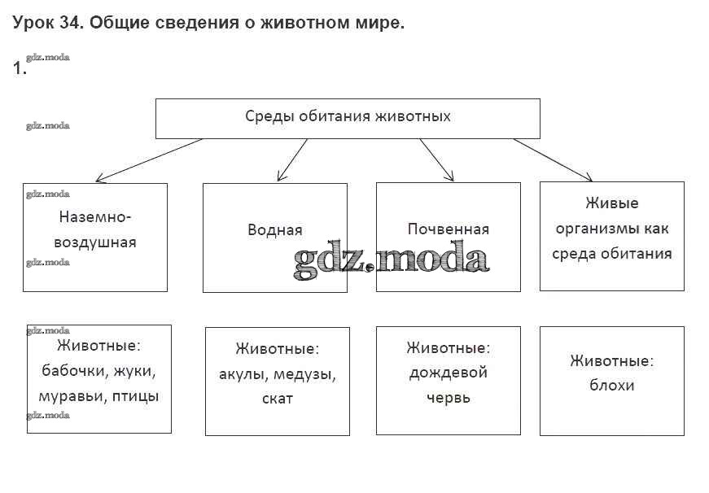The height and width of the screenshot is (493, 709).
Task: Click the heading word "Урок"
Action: click(x=33, y=24)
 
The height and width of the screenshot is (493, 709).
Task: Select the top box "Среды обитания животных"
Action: click(x=348, y=117)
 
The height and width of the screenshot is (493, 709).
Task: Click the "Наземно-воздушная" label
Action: click(x=95, y=230)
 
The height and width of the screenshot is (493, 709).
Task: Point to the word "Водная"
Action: click(x=274, y=229)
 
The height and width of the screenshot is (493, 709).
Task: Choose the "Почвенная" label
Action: click(x=448, y=229)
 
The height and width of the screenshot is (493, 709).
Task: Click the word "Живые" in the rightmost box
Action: click(x=611, y=203)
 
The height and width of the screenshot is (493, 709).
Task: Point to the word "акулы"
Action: click(x=242, y=375)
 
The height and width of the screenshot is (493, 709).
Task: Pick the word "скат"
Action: click(x=277, y=399)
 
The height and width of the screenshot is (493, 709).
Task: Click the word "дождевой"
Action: click(x=448, y=373)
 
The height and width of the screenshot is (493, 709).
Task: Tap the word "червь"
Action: click(x=448, y=398)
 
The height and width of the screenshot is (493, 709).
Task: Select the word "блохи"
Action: click(x=611, y=385)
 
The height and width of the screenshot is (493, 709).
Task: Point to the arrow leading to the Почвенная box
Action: click(x=436, y=159)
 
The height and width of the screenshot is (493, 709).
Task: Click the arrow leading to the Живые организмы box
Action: click(x=554, y=159)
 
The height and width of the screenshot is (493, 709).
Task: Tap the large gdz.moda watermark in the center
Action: click(x=391, y=260)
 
